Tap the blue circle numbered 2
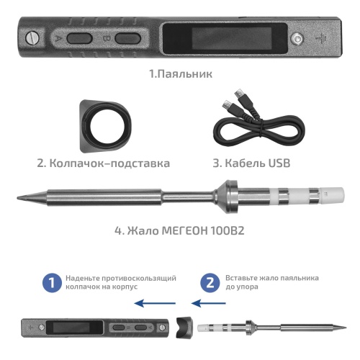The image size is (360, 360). pos(210,282)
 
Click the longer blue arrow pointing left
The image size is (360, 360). pos(156,303)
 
